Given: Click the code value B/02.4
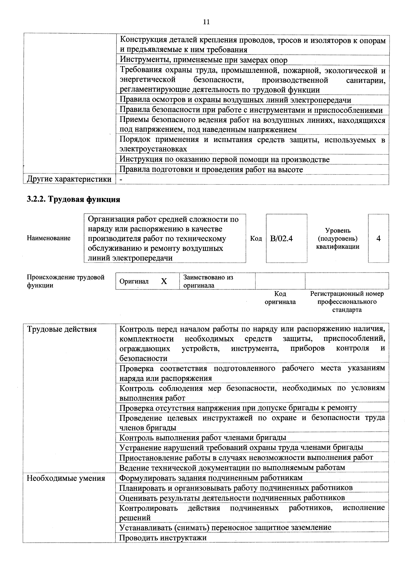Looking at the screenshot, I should (281, 238).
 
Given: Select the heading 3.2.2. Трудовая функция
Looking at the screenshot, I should (73, 199).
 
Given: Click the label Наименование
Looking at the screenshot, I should (48, 238).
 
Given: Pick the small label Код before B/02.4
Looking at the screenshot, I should (256, 238).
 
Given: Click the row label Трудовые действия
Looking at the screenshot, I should (62, 329).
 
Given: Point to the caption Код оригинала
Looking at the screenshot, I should (280, 298).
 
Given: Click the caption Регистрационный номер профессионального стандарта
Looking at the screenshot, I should (347, 302).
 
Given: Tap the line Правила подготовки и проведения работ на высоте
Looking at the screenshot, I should (211, 170).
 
